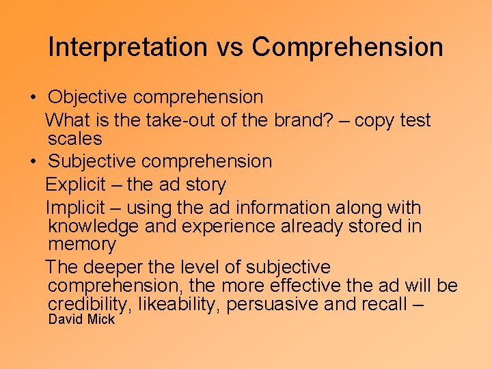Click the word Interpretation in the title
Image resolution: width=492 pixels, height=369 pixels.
127,47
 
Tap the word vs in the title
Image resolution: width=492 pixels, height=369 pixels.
228,47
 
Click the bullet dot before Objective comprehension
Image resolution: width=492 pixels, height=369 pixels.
33,98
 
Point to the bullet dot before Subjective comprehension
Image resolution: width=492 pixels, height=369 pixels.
33,162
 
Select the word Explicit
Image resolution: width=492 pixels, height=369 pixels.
75,184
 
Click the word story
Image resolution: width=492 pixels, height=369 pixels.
206,184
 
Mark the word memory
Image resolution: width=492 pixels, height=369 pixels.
82,245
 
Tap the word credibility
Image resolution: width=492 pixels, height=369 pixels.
87,304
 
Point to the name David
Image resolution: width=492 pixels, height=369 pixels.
65,319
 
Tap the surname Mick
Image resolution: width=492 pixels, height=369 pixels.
100,319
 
